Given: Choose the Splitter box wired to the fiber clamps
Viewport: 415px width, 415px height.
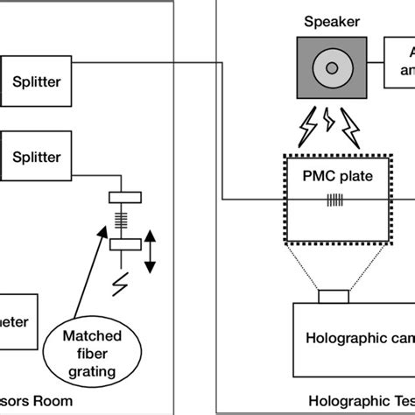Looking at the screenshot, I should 37,157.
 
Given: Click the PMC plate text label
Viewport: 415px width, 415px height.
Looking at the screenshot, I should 337,175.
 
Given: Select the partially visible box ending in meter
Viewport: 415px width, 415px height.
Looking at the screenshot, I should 18,321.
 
